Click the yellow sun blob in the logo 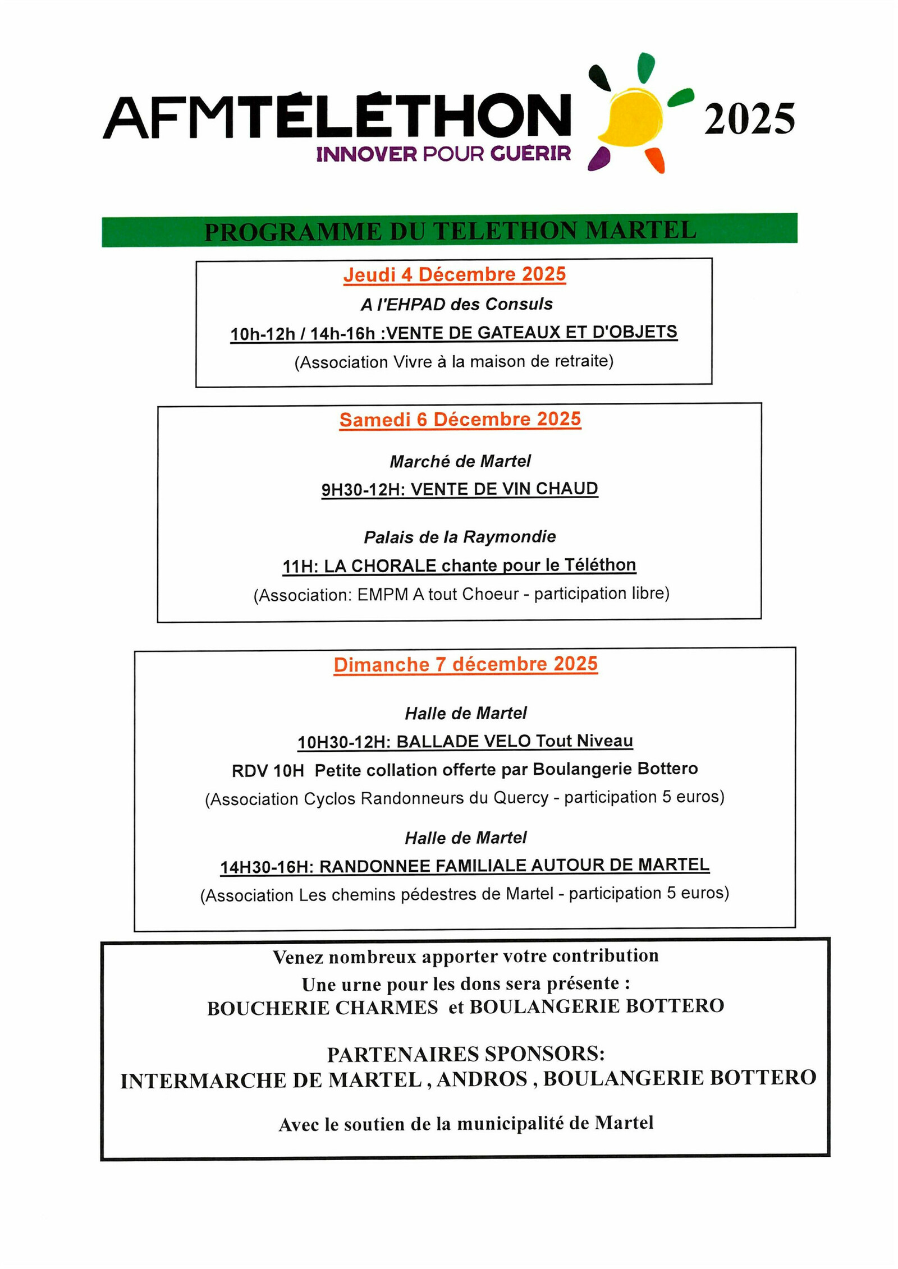tap(631, 116)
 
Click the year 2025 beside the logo tap(749, 119)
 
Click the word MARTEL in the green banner tap(640, 231)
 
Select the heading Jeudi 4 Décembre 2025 tap(454, 274)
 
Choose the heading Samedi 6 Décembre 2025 tap(460, 419)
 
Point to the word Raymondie tap(509, 537)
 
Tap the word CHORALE tap(393, 566)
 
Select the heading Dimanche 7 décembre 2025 tap(465, 664)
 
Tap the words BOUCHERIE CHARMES tap(322, 1008)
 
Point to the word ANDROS tap(482, 1079)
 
